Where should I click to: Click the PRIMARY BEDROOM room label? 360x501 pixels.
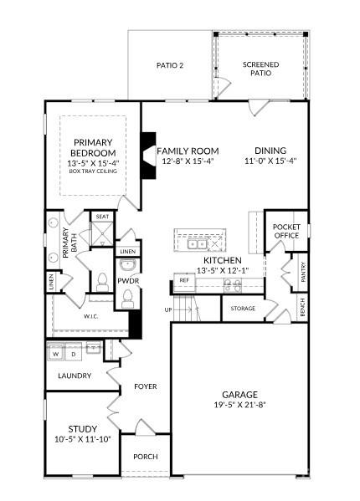pos(92,147)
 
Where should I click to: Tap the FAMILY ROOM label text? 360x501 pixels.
pos(188,151)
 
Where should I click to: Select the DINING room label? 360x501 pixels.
pos(271,151)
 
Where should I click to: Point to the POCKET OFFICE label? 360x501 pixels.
pos(285,231)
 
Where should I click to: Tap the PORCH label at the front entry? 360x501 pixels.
pos(146,457)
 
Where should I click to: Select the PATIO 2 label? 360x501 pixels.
pos(171,65)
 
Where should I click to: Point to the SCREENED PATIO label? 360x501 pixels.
pos(260,69)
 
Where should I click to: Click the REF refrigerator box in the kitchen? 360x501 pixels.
pos(184,279)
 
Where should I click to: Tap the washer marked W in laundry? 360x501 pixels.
pos(56,354)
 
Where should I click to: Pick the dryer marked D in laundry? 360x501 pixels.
pos(74,354)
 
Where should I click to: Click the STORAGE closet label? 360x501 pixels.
pos(243,309)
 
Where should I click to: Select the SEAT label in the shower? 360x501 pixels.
pos(102,217)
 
